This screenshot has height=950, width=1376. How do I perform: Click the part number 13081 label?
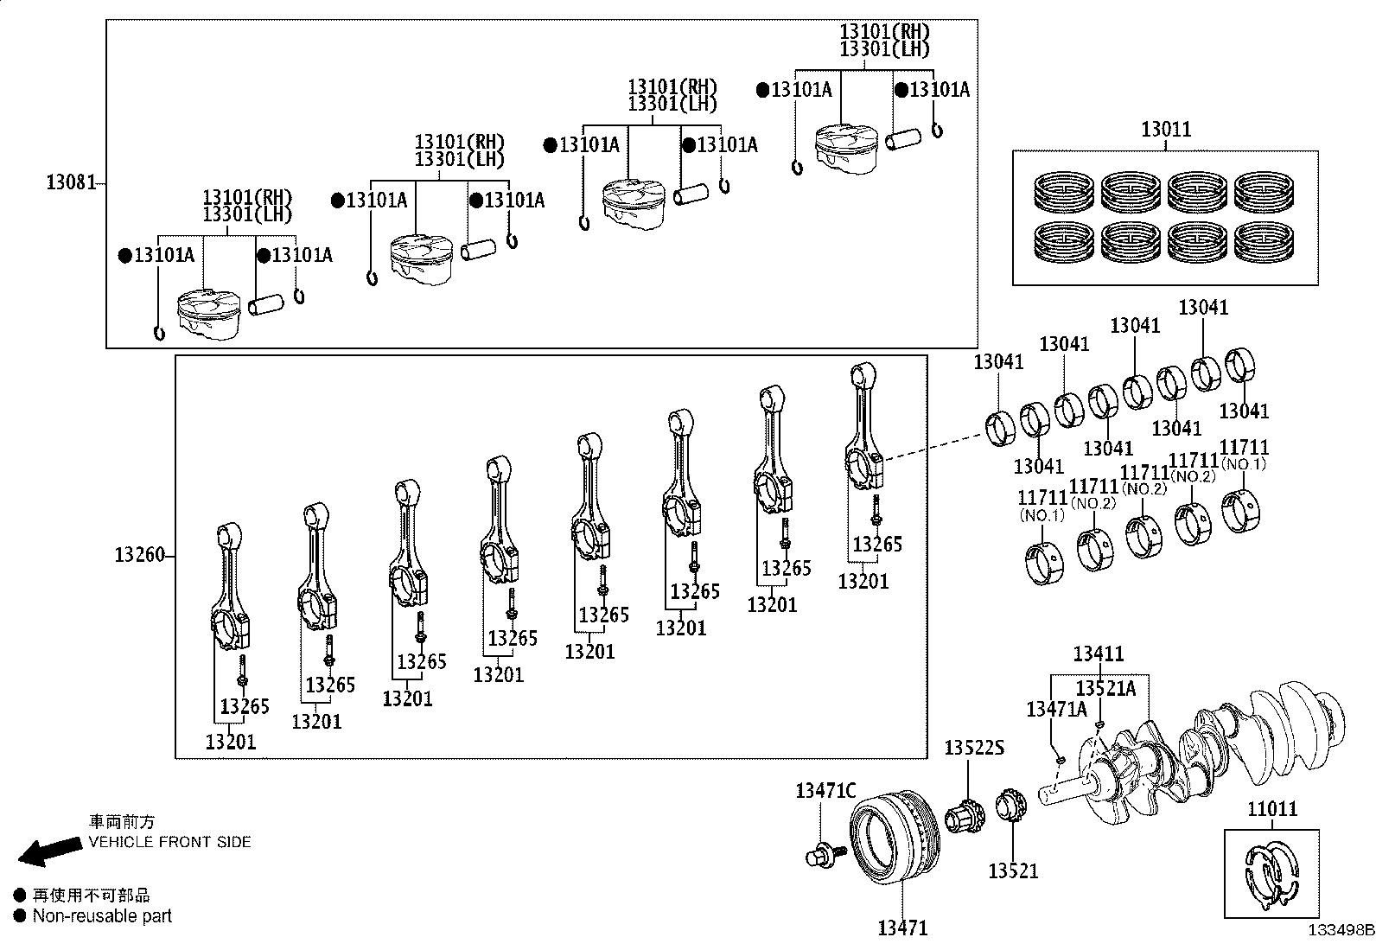pyautogui.click(x=70, y=182)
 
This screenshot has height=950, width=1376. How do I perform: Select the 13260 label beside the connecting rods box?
pyautogui.click(x=138, y=555)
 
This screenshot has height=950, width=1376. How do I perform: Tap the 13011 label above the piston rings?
pyautogui.click(x=1165, y=130)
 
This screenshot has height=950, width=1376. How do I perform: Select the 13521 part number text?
pyautogui.click(x=1013, y=870)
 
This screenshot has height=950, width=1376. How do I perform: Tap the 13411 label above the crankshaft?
pyautogui.click(x=1099, y=654)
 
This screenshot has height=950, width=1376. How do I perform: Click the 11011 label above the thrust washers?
pyautogui.click(x=1271, y=809)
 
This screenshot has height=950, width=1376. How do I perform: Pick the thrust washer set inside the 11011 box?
pyautogui.click(x=1271, y=875)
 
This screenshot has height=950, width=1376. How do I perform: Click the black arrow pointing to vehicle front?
pyautogui.click(x=48, y=850)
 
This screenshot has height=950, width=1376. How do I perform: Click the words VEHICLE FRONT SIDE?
pyautogui.click(x=169, y=841)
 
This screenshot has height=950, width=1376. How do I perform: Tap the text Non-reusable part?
pyautogui.click(x=102, y=916)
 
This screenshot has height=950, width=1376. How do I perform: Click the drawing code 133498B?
pyautogui.click(x=1340, y=931)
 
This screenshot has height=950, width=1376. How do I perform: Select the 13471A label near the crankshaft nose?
pyautogui.click(x=1056, y=710)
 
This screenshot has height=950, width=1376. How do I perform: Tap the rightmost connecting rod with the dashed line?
pyautogui.click(x=865, y=428)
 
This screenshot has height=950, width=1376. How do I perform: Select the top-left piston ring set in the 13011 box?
pyautogui.click(x=1065, y=192)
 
